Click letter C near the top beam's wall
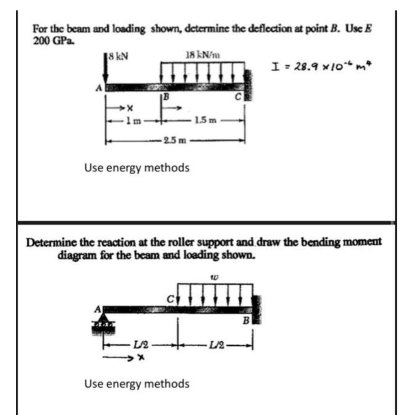[x=239, y=97]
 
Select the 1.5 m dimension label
[x=201, y=120]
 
